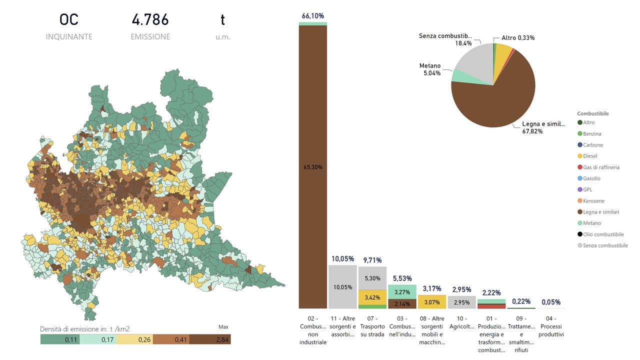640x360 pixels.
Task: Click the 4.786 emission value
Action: point(150,20)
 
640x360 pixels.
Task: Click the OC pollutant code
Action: point(69,20)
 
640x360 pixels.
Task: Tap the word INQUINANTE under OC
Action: point(69,36)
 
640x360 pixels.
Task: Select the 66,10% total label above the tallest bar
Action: point(312,16)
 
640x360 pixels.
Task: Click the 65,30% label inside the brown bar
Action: point(312,167)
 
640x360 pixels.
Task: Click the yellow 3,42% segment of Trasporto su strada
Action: point(372,297)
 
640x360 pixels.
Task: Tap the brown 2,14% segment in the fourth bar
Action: point(402,303)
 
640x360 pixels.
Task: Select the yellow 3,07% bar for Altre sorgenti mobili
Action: point(432,302)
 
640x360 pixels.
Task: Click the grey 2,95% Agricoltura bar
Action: point(461,302)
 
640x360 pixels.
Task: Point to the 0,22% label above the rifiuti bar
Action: point(521,301)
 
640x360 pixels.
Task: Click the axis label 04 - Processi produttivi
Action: point(551,326)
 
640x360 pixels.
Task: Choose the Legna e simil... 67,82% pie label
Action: point(543,127)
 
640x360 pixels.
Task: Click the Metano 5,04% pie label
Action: point(430,69)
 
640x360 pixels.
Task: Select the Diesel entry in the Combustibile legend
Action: point(590,156)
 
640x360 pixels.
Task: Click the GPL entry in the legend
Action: point(588,189)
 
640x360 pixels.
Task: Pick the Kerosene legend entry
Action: point(593,201)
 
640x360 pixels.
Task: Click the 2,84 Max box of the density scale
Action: point(210,339)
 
